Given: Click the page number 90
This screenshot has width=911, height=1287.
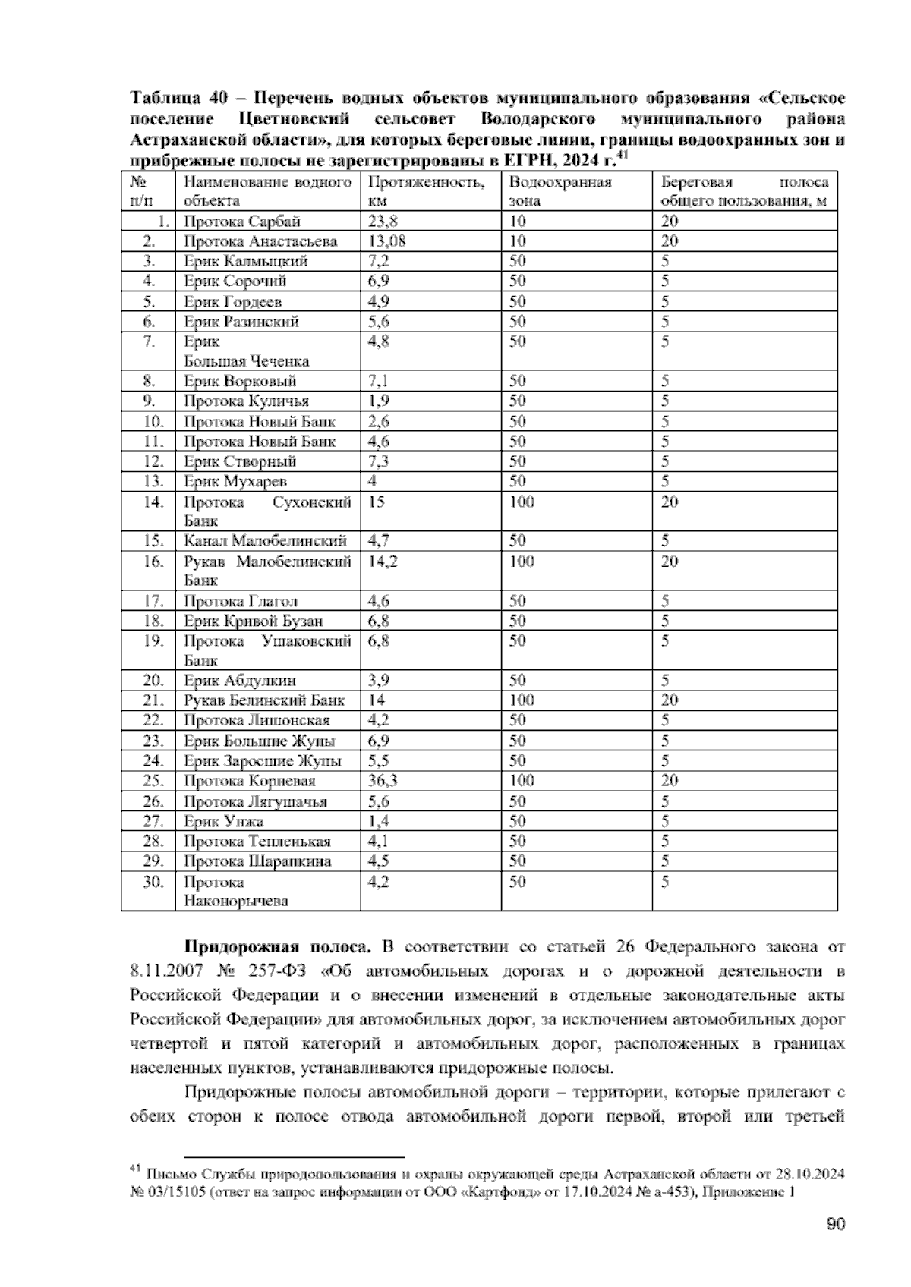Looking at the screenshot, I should coord(835,1224).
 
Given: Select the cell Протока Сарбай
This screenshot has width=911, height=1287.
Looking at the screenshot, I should coord(242,222).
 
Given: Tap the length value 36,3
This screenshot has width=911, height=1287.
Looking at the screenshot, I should coord(383,781).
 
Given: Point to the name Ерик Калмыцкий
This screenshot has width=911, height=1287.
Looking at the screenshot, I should coord(246,262).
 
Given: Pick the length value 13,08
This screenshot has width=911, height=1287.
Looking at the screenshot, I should coord(386,241).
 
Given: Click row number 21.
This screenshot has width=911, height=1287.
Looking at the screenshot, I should coord(153,700).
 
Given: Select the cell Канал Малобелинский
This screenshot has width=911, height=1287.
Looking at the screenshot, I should coord(265,541).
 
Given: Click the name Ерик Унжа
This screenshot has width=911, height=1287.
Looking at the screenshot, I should coord(224,821).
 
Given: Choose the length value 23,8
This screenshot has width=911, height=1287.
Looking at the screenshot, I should coord(383,222).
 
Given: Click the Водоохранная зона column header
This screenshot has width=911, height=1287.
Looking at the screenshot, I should coord(560,191).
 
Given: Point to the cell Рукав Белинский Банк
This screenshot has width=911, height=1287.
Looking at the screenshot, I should coord(264,700).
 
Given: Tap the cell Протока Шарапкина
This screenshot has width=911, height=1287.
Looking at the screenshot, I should coord(257,861).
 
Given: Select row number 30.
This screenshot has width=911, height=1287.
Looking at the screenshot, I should coord(153,882).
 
